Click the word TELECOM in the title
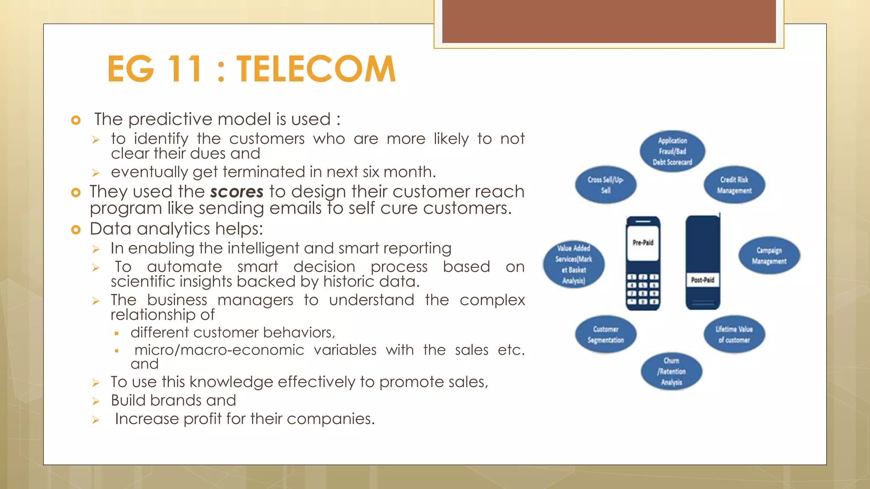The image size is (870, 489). click(316, 69)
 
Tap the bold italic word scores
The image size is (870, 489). click(237, 192)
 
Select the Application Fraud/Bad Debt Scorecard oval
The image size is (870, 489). click(672, 152)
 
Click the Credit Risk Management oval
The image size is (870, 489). click(734, 185)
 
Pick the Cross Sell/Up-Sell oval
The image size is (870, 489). click(606, 185)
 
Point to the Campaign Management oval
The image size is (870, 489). click(769, 256)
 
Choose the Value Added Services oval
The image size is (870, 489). click(573, 264)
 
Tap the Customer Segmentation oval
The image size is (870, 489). click(606, 334)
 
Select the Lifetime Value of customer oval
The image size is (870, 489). click(734, 334)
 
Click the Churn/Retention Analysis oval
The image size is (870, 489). click(672, 371)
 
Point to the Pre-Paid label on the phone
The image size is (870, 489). click(643, 243)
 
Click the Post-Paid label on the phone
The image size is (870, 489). click(703, 280)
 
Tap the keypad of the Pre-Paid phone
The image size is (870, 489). click(643, 289)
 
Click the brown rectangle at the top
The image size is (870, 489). click(609, 21)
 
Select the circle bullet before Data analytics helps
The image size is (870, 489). click(76, 230)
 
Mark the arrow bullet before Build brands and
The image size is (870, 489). click(96, 401)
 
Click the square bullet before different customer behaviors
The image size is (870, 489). click(116, 334)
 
